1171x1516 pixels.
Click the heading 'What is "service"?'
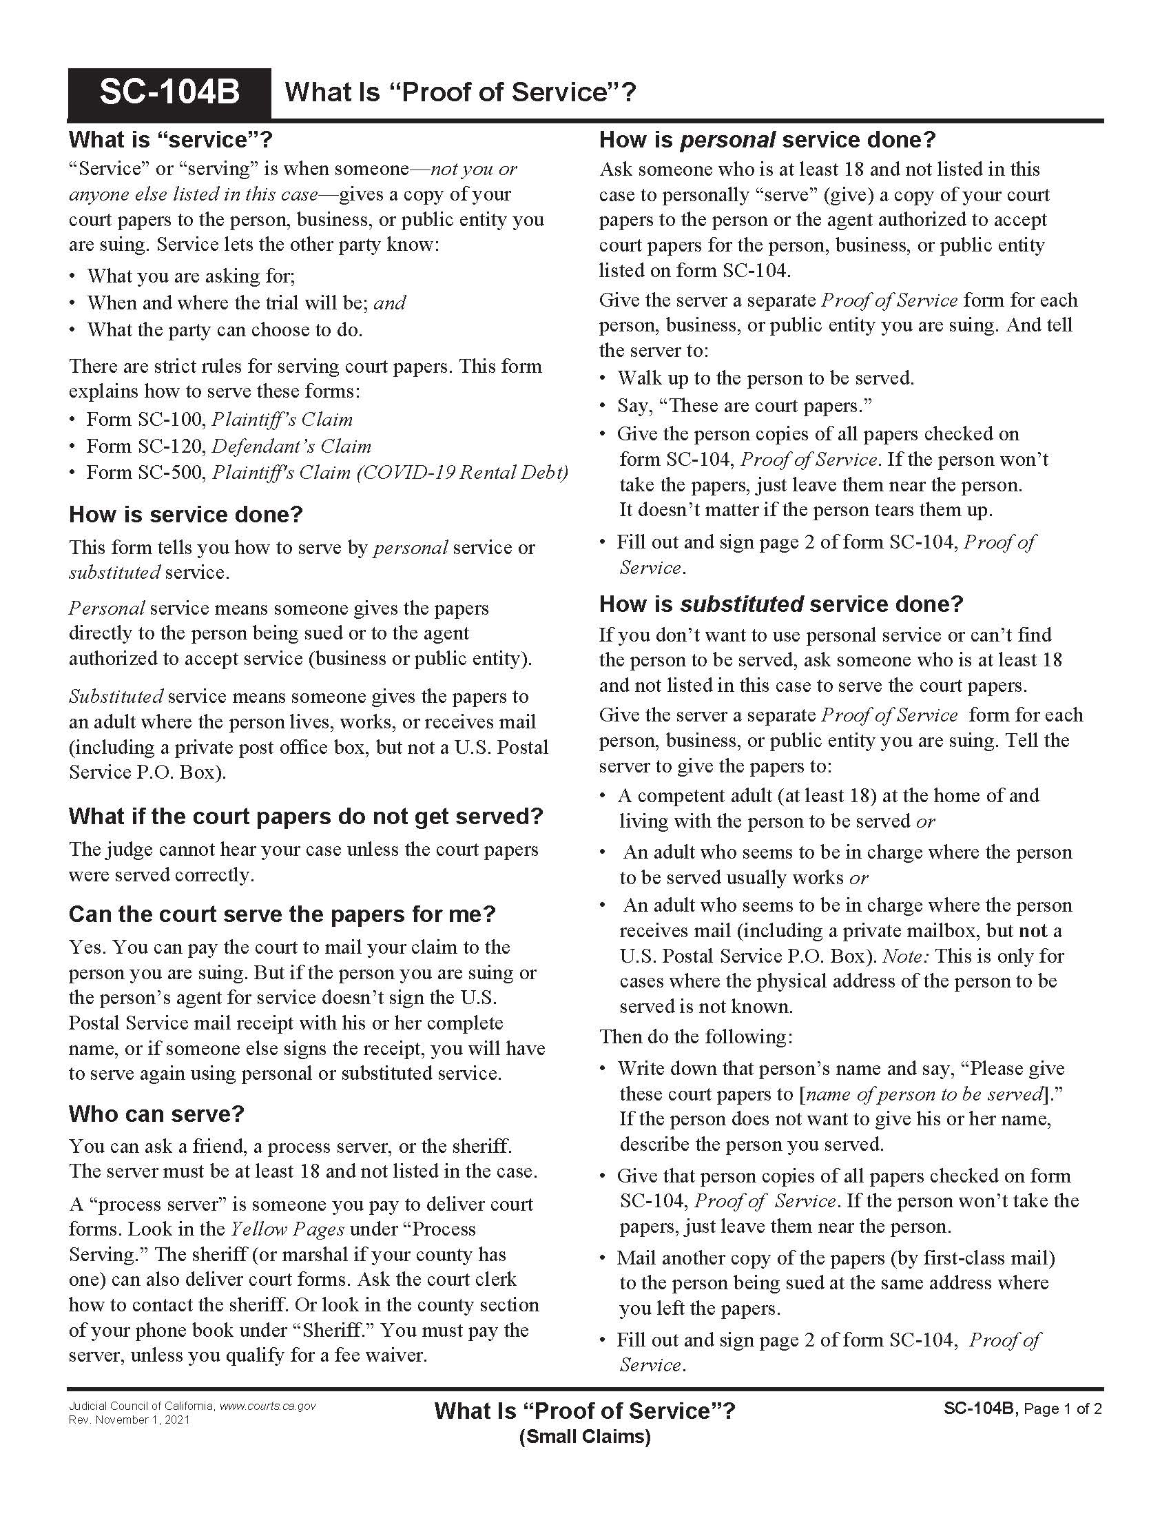point(170,139)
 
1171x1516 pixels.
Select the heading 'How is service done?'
point(185,514)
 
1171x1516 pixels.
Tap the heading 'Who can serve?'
point(156,1114)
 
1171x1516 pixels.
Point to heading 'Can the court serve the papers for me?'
point(282,914)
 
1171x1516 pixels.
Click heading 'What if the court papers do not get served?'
point(305,817)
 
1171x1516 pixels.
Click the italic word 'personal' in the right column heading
point(727,140)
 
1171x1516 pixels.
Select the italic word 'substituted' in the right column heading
point(742,604)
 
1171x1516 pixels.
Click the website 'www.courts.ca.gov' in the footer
point(267,1406)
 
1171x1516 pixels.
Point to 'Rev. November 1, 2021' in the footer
point(129,1420)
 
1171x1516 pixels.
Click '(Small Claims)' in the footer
point(584,1437)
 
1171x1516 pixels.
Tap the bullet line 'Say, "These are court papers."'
point(745,405)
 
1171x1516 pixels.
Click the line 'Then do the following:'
point(695,1037)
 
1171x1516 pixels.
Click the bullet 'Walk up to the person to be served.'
point(766,378)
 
